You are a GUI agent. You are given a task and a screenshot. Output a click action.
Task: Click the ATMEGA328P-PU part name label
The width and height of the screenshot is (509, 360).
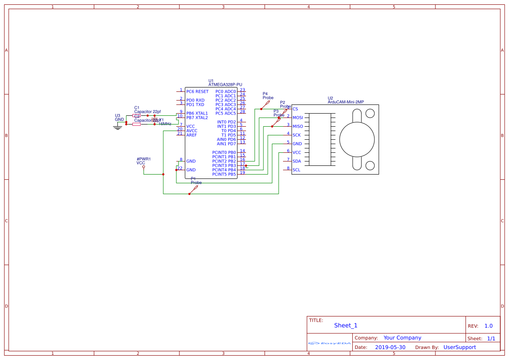pos(225,84)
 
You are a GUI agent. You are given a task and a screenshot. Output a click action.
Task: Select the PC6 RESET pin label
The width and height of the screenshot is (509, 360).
pos(197,91)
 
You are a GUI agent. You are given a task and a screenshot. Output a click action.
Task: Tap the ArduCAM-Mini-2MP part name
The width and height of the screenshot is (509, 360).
pos(346,102)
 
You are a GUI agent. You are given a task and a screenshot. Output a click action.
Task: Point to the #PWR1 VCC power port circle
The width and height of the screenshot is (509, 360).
pos(144,167)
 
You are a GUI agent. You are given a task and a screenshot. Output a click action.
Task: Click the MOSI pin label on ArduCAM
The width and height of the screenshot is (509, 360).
pos(298,118)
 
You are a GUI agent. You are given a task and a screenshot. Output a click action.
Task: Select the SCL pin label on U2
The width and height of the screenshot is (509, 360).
pos(297,170)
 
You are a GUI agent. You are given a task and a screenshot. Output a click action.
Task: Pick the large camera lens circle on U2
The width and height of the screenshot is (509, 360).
pos(357,139)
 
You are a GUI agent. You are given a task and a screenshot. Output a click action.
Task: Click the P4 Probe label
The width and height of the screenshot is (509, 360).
pos(268,96)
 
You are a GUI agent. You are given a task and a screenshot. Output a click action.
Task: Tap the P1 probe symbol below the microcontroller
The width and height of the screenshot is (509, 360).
pos(194,190)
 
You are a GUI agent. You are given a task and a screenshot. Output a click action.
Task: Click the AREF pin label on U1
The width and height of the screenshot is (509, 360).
pos(192,135)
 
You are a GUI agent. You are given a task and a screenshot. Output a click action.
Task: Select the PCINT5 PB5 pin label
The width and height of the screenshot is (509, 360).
pos(224,174)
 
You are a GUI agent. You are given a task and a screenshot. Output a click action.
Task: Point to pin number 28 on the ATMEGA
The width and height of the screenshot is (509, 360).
pos(243,111)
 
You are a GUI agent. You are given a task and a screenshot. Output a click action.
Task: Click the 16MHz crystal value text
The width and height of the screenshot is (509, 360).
pos(165,124)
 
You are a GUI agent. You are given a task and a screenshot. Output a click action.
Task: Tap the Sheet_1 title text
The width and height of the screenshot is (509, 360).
pos(346,326)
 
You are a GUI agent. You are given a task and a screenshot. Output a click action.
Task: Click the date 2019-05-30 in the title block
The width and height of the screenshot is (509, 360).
pos(390,347)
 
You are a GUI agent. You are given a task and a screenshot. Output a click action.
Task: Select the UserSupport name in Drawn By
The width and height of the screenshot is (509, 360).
pos(459,347)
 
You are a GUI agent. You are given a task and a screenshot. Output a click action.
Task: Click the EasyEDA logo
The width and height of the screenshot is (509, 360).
pos(330,343)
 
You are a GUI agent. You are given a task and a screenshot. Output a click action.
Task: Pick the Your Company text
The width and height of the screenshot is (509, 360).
pos(402,338)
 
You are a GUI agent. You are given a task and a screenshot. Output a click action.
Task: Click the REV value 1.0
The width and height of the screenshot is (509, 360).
pos(489,326)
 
